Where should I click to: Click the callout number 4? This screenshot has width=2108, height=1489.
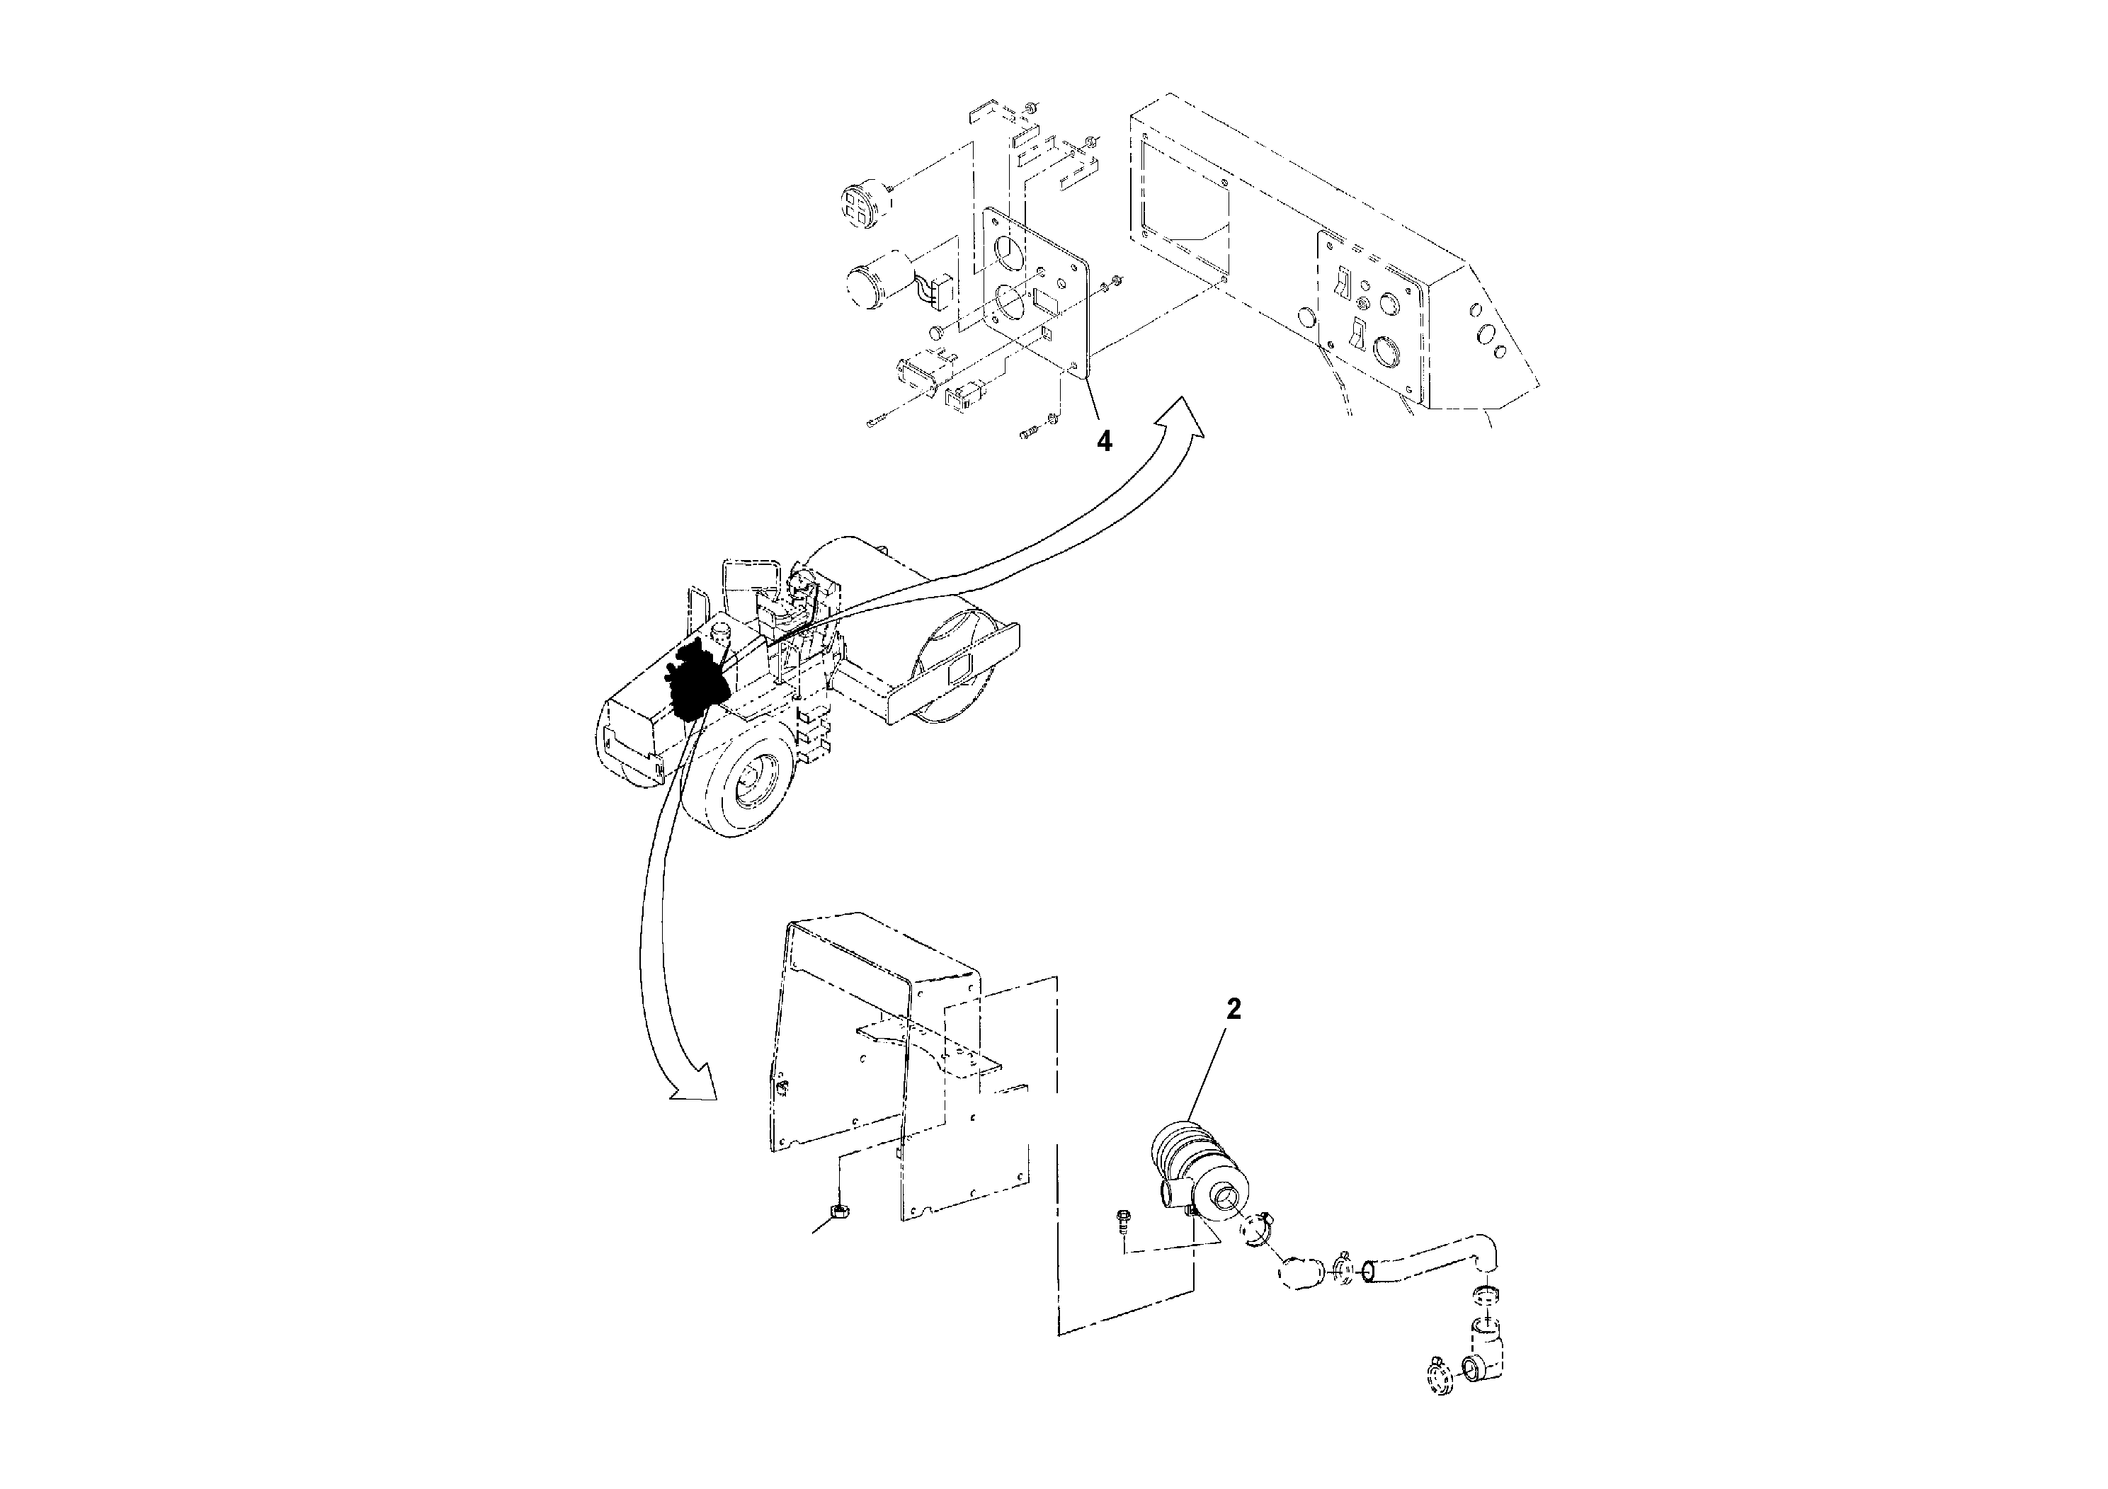[1105, 442]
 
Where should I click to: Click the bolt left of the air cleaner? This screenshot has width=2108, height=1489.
[1122, 1221]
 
